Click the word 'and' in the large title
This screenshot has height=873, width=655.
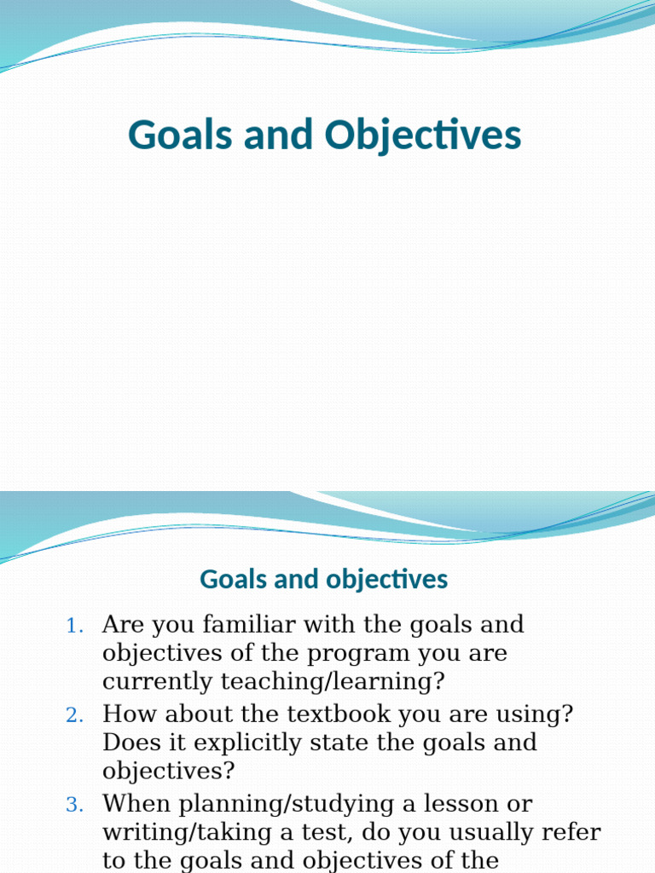(281, 136)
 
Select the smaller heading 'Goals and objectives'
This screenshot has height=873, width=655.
(323, 580)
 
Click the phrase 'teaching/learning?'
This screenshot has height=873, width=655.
(333, 682)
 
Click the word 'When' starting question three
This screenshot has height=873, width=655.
(133, 804)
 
